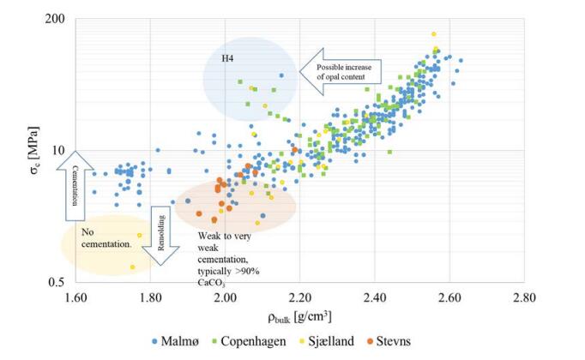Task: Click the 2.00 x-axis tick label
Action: coord(225,297)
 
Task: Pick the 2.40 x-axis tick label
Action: coord(375,297)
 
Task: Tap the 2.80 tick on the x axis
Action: coord(524,297)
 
